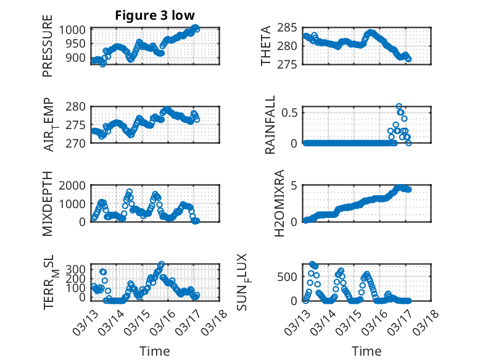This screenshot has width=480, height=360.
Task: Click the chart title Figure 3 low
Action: coord(155,15)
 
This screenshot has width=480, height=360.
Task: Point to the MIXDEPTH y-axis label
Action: coord(48,204)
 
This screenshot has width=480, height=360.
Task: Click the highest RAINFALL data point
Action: coord(399,106)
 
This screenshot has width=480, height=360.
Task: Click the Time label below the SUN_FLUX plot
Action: coord(366,351)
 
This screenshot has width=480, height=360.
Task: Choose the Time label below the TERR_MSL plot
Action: coord(155,351)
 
